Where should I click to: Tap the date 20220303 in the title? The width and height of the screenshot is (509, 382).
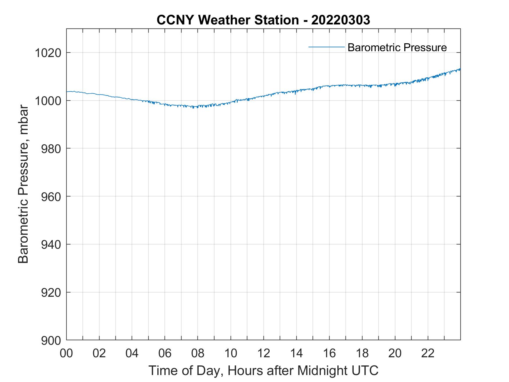341,20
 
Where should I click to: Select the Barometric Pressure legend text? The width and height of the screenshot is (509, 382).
397,47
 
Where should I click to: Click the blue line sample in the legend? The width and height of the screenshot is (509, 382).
326,47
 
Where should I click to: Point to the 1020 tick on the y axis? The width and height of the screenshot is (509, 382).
48,53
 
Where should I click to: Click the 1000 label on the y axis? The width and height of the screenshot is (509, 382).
48,101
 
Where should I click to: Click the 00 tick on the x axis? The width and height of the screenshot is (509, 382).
67,353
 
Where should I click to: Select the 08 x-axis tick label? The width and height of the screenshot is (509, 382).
198,353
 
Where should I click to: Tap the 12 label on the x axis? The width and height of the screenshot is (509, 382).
264,353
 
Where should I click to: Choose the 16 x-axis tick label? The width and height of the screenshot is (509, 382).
329,353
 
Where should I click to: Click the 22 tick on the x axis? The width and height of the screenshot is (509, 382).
428,353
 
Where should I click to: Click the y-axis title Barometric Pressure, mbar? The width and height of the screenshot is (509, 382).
23,184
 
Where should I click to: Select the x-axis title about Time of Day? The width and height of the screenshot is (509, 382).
264,371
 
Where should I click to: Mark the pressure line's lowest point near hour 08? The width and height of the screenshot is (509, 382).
193,108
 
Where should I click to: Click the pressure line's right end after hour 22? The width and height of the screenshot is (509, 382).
460,69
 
